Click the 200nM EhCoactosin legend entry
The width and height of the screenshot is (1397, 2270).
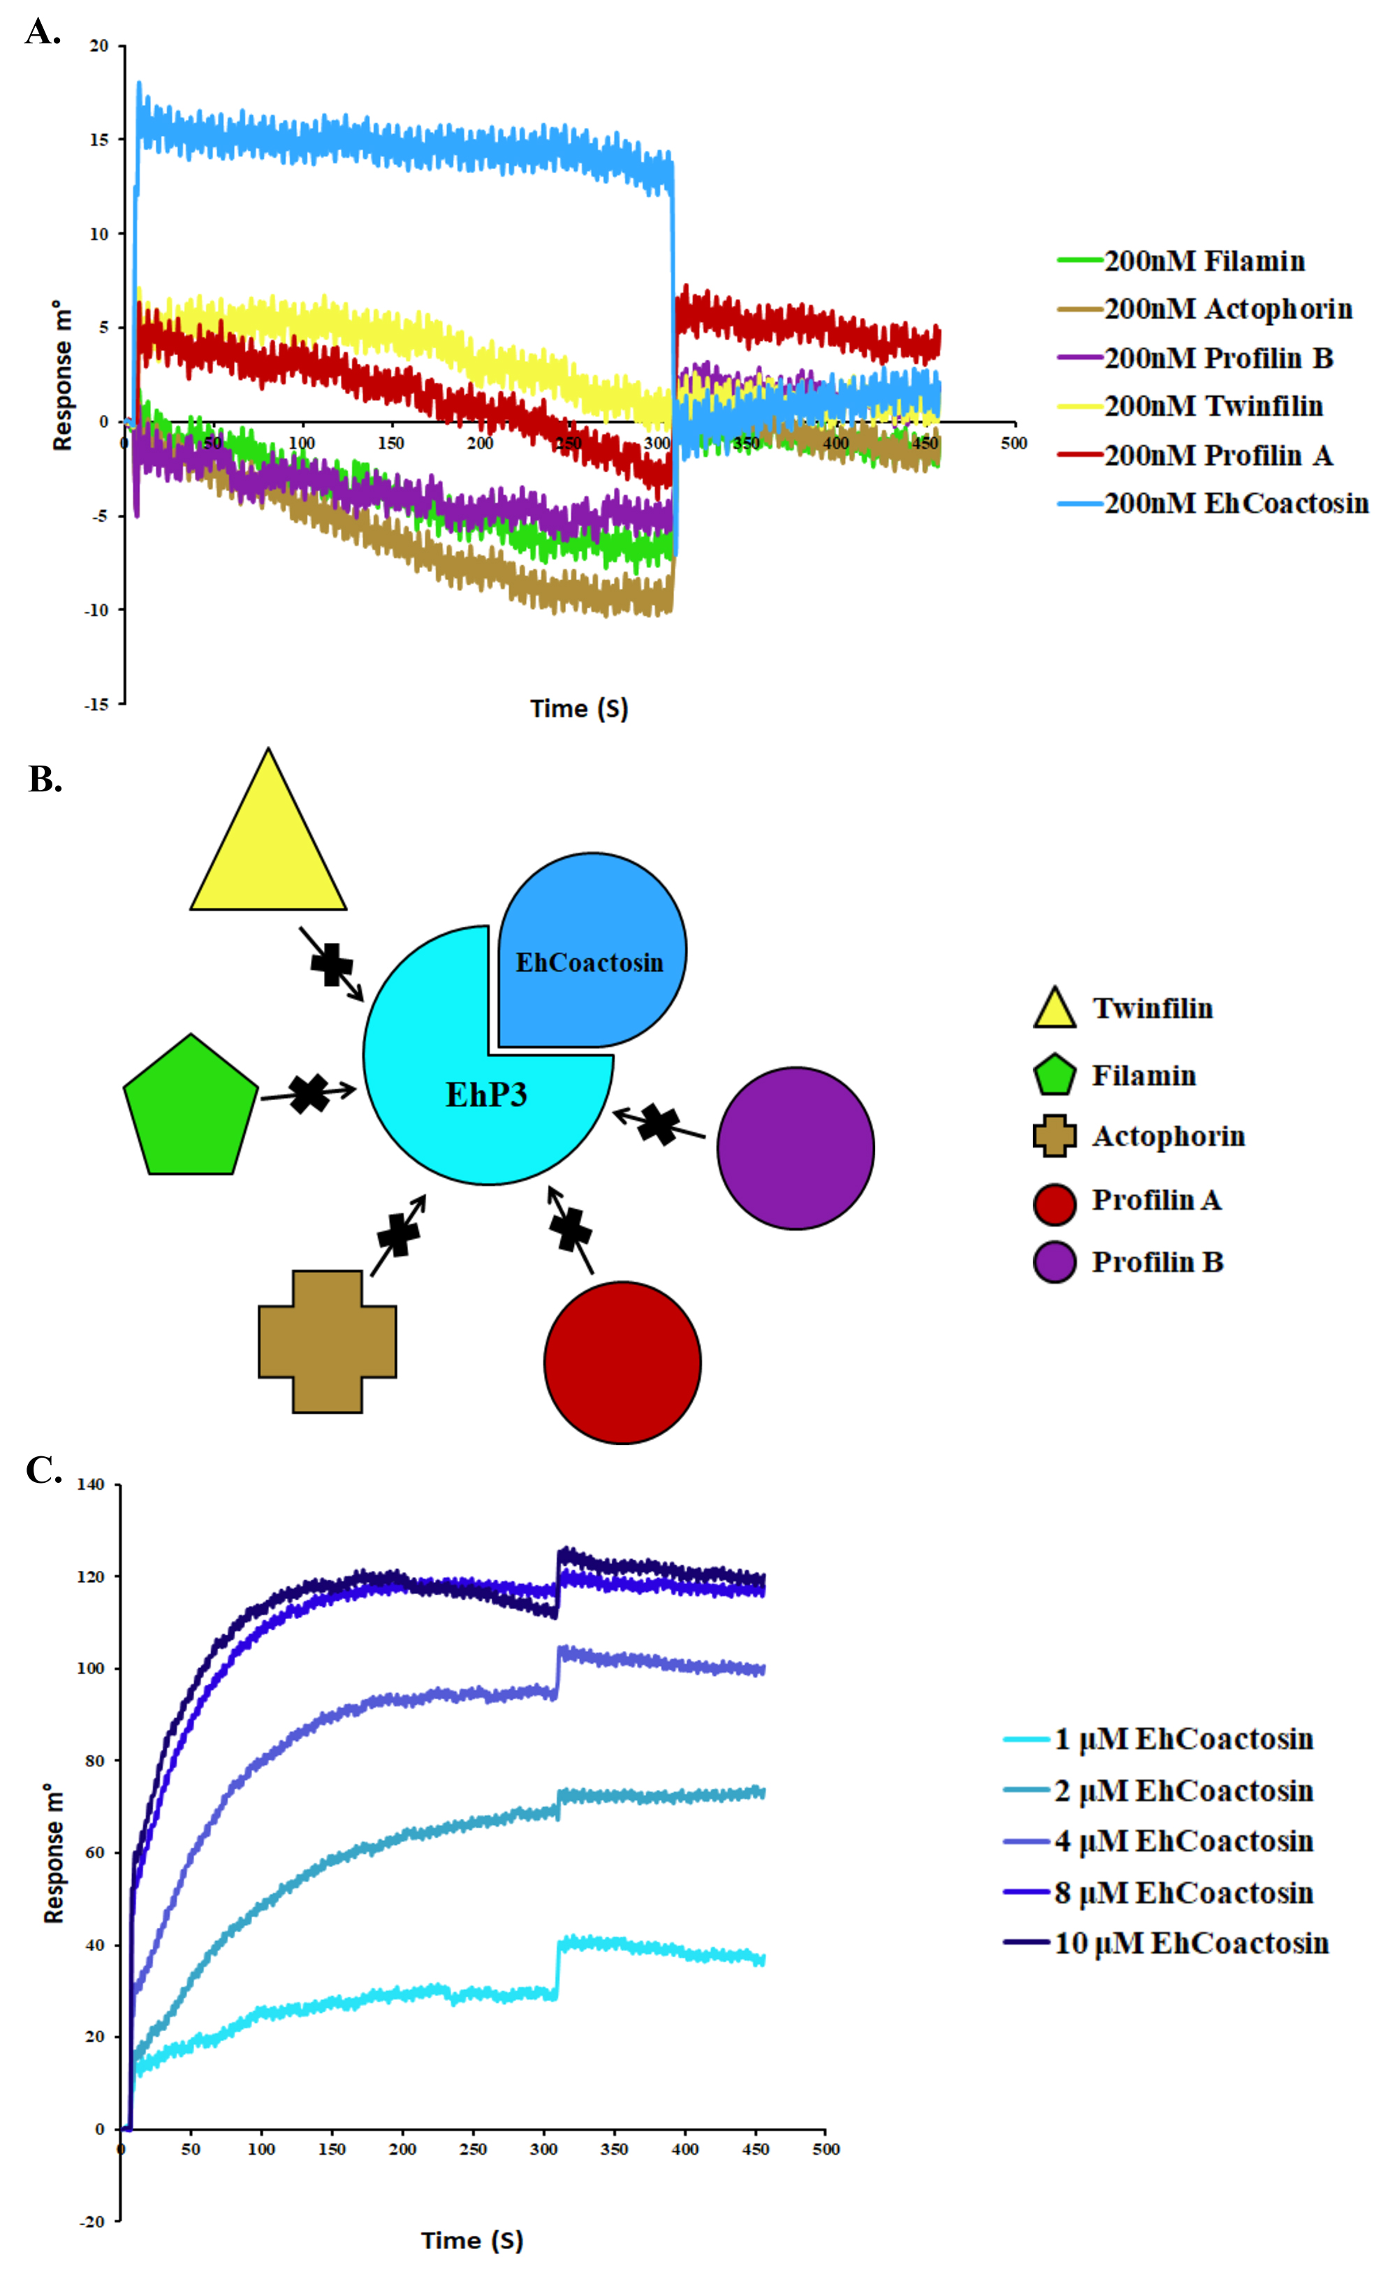tap(1212, 504)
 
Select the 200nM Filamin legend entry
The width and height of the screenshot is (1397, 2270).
tap(1180, 261)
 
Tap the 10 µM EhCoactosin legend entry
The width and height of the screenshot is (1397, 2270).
tap(1166, 1943)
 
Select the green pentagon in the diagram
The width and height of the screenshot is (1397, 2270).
tap(190, 1105)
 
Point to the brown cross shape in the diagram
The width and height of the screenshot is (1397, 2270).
tap(327, 1342)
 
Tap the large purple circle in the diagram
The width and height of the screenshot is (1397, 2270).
tap(796, 1148)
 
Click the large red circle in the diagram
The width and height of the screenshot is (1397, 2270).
tap(623, 1362)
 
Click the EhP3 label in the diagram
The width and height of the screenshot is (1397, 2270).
tap(486, 1094)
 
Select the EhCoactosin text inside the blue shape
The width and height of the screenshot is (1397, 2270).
tap(590, 962)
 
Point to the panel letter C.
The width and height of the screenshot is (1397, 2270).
tap(43, 1470)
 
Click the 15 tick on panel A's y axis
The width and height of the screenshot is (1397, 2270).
tap(99, 140)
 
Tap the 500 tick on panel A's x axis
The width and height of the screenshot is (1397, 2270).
tap(1014, 444)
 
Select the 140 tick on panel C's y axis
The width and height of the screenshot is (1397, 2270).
tap(91, 1485)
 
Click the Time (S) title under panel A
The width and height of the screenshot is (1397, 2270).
tap(579, 709)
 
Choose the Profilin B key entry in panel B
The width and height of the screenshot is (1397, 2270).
tap(1129, 1262)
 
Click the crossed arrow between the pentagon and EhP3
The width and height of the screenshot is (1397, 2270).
tap(309, 1094)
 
